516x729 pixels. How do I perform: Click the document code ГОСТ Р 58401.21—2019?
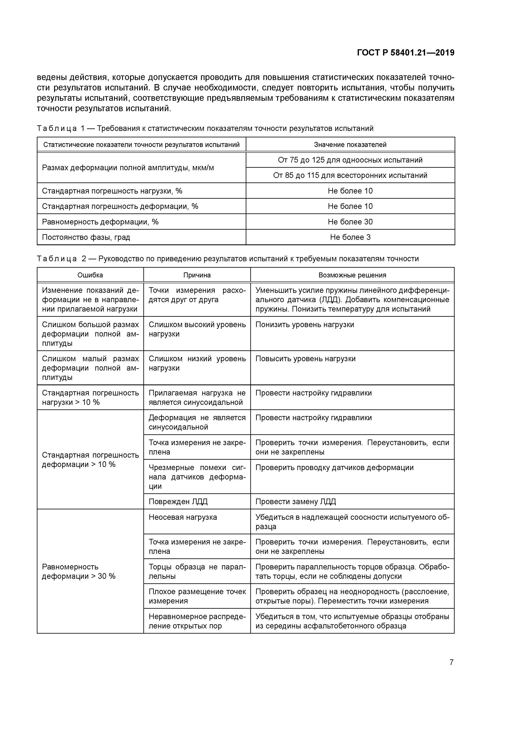click(x=405, y=53)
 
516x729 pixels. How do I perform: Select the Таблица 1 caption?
click(x=205, y=128)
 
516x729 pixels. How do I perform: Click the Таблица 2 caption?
click(x=228, y=259)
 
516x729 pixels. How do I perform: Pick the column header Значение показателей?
click(x=350, y=145)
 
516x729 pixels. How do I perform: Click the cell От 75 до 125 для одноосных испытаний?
click(x=350, y=160)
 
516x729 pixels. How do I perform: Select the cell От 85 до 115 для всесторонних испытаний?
click(x=350, y=175)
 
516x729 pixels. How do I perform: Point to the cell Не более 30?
click(x=350, y=222)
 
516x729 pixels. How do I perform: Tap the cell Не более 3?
click(x=350, y=237)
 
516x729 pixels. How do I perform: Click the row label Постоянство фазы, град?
click(x=86, y=237)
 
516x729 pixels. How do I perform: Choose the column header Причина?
click(x=197, y=275)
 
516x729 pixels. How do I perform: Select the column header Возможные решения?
click(x=352, y=275)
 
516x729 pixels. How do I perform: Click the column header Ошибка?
click(x=90, y=275)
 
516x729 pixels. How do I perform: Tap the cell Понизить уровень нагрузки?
click(x=305, y=324)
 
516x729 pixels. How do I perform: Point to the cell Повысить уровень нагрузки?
click(x=305, y=359)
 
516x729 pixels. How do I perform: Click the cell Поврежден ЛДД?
click(x=178, y=502)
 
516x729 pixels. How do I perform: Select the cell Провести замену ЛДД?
click(x=296, y=502)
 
